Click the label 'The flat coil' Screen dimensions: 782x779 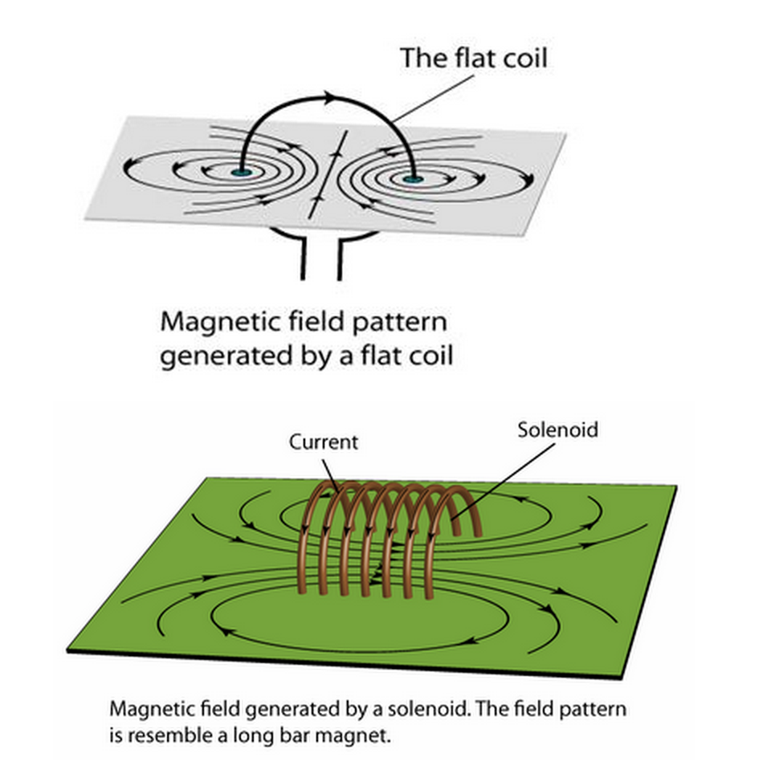tap(474, 59)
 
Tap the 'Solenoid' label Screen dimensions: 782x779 tap(557, 430)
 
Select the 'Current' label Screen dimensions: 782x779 tap(324, 442)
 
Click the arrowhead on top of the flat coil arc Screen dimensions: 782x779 tap(328, 98)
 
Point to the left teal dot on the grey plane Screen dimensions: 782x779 tap(240, 173)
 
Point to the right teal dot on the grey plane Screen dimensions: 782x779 tap(412, 178)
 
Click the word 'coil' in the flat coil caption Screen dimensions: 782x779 tap(429, 354)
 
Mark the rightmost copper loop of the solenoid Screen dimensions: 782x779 tap(474, 514)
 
